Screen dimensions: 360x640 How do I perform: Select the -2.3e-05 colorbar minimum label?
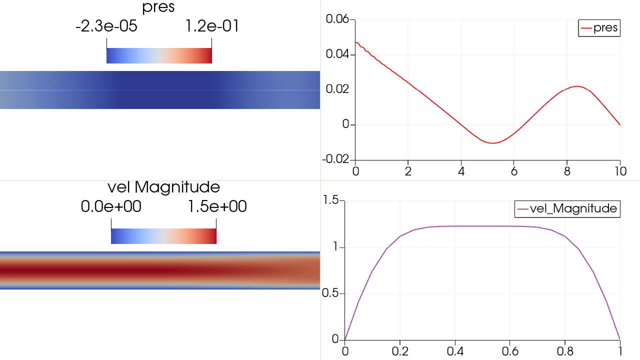click(106, 26)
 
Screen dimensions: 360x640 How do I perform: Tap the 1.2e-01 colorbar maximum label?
click(212, 26)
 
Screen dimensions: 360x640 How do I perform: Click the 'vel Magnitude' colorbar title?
click(163, 187)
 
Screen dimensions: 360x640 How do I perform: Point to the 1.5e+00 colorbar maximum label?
click(217, 206)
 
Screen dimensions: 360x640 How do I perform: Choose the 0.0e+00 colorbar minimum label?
click(111, 206)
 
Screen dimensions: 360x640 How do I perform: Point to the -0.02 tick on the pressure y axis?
click(336, 159)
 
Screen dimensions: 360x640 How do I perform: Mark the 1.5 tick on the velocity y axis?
click(331, 200)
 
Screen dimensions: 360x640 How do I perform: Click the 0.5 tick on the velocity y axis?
click(331, 293)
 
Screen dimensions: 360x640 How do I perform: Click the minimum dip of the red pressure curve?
click(493, 143)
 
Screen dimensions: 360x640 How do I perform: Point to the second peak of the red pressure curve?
click(577, 86)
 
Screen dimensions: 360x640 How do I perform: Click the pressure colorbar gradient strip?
click(159, 56)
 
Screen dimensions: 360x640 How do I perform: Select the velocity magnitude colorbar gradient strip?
click(163, 236)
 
